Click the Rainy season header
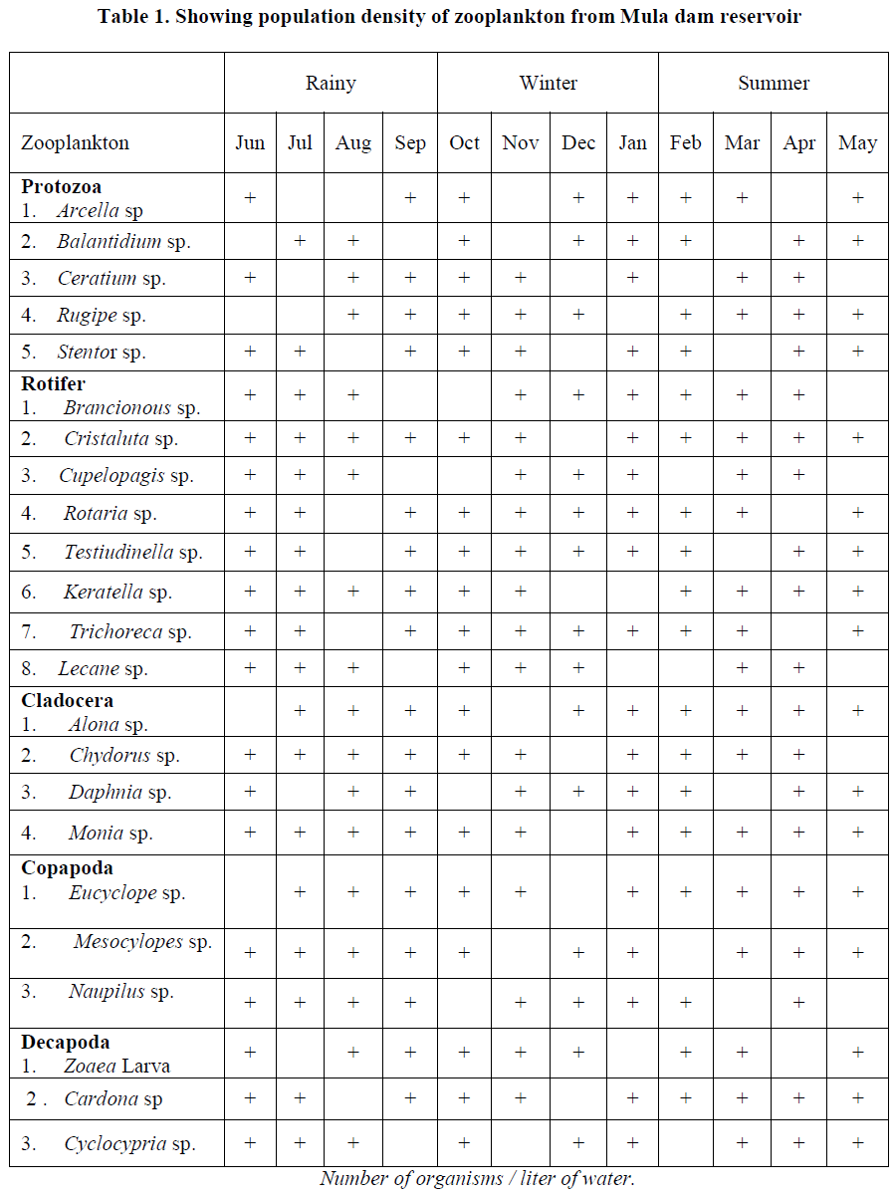click(x=330, y=84)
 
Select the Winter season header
click(x=548, y=84)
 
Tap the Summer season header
click(x=773, y=84)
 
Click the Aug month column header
click(x=352, y=143)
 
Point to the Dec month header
click(x=578, y=143)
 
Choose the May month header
click(x=857, y=143)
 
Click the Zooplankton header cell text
click(x=76, y=143)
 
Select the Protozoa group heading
click(x=61, y=187)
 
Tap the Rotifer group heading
click(x=53, y=384)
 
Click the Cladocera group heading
click(x=67, y=701)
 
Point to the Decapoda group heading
click(x=65, y=1043)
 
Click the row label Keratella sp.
click(x=117, y=593)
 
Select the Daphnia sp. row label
click(x=119, y=794)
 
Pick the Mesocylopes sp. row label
click(x=142, y=942)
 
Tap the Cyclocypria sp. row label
click(x=129, y=1144)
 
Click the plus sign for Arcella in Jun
click(x=250, y=198)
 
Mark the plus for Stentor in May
click(x=857, y=352)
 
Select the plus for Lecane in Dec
click(x=578, y=668)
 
